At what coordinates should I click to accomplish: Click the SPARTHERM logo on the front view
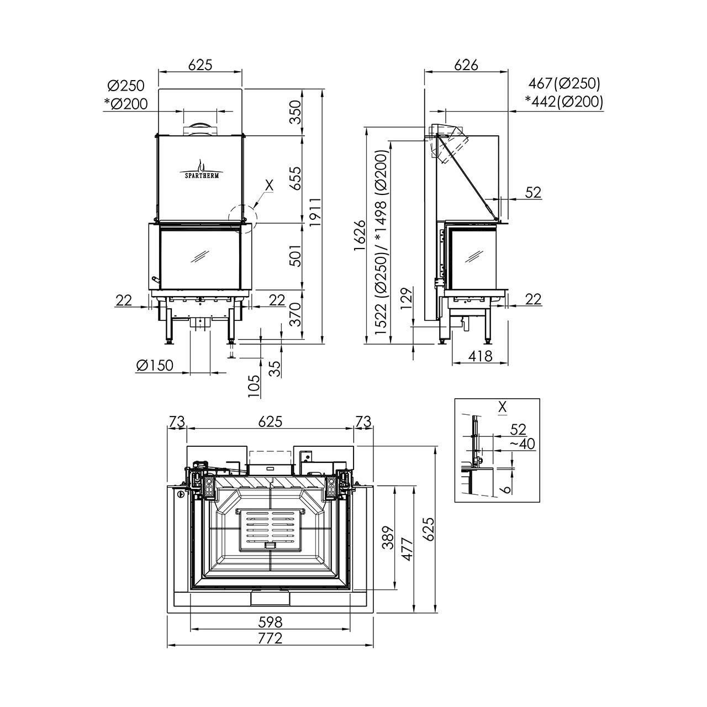pos(201,169)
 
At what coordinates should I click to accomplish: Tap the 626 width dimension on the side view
pos(466,65)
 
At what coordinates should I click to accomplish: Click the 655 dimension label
pos(296,178)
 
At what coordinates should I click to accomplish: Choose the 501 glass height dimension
pos(296,255)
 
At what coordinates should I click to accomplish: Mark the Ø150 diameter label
pos(155,365)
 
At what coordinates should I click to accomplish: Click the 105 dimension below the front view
pos(254,384)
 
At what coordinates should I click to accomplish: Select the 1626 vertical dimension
pos(359,235)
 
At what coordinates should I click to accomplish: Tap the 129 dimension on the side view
pos(407,300)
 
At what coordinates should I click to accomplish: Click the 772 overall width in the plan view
pos(270,639)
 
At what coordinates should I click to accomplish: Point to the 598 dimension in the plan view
pos(270,622)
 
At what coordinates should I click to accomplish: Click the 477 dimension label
pos(407,550)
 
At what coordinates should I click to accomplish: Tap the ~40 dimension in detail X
pos(522,444)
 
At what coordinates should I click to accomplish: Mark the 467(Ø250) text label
pos(564,83)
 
